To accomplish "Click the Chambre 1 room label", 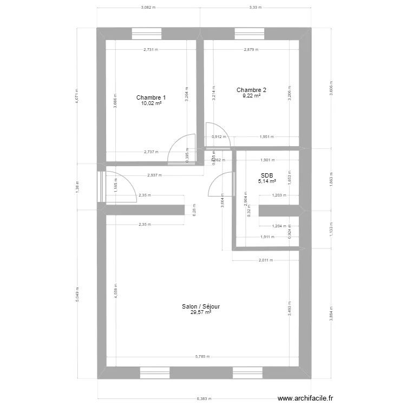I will (x=151, y=98).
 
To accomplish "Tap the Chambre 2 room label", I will (x=251, y=90).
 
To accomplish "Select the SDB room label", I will (x=267, y=175).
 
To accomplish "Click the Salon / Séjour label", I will (x=201, y=306).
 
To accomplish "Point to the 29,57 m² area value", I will (x=201, y=312).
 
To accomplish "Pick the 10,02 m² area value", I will (x=151, y=104).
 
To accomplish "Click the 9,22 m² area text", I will (x=251, y=96).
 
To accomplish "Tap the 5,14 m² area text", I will (x=267, y=181).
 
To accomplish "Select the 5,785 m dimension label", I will (x=202, y=357).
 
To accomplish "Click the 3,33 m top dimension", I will (x=255, y=8).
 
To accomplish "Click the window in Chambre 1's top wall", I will (x=148, y=34).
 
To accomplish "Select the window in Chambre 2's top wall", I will (x=250, y=34).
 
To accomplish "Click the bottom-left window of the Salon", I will (x=155, y=372).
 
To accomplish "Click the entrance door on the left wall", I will (x=101, y=187).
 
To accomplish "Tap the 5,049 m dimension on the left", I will (x=77, y=293).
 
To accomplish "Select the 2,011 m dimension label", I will (x=265, y=260).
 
